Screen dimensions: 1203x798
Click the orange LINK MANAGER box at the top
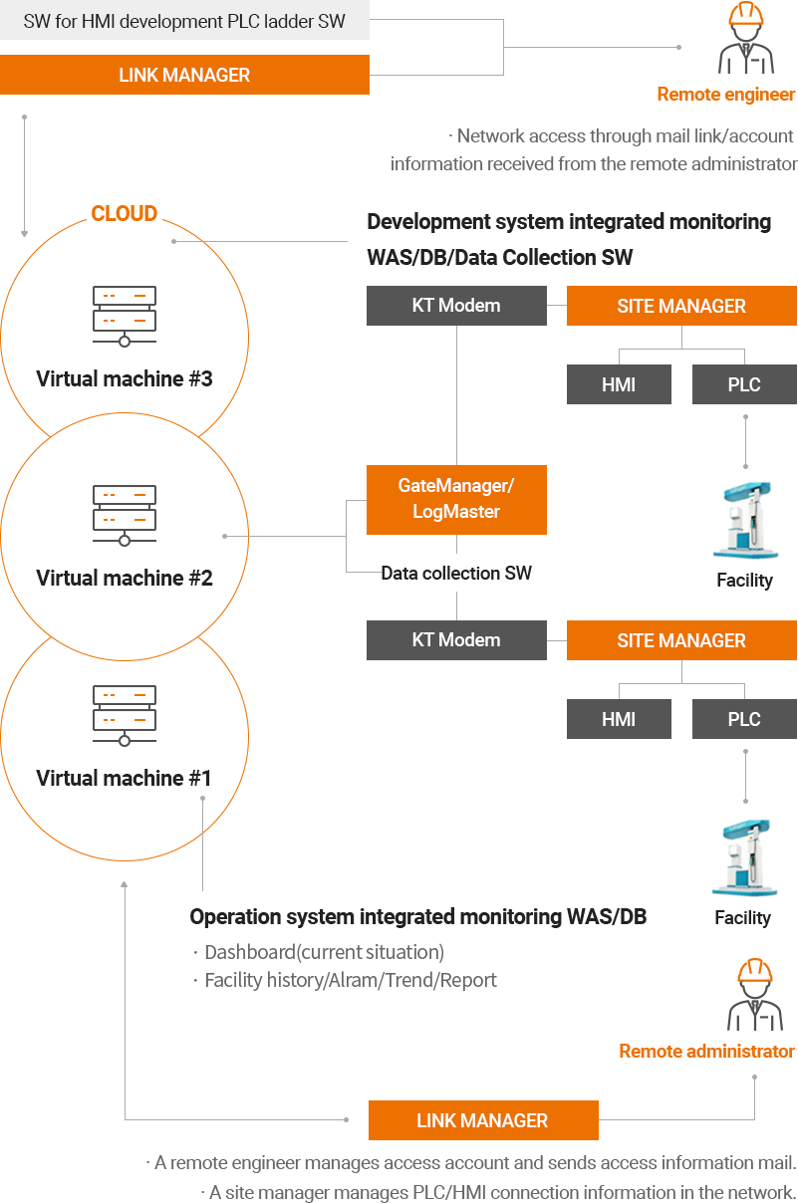pos(184,76)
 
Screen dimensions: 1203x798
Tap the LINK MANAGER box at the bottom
pos(483,1120)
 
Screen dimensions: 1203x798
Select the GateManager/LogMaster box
pos(457,499)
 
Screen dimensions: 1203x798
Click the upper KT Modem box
pos(456,306)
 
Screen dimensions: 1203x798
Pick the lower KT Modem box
pos(456,640)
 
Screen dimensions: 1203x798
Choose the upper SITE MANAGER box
pos(681,307)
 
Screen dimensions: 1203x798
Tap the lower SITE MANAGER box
pos(681,641)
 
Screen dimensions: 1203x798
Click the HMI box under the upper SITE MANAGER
pos(619,385)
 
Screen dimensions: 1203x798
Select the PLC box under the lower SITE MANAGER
pos(744,720)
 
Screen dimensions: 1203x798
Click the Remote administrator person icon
pos(754,995)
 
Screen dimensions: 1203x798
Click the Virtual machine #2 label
pos(125,579)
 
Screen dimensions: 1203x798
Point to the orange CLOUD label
pos(125,213)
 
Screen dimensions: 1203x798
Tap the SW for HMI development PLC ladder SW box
pos(184,21)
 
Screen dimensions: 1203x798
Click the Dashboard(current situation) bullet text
pos(325,953)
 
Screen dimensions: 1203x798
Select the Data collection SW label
pos(457,573)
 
